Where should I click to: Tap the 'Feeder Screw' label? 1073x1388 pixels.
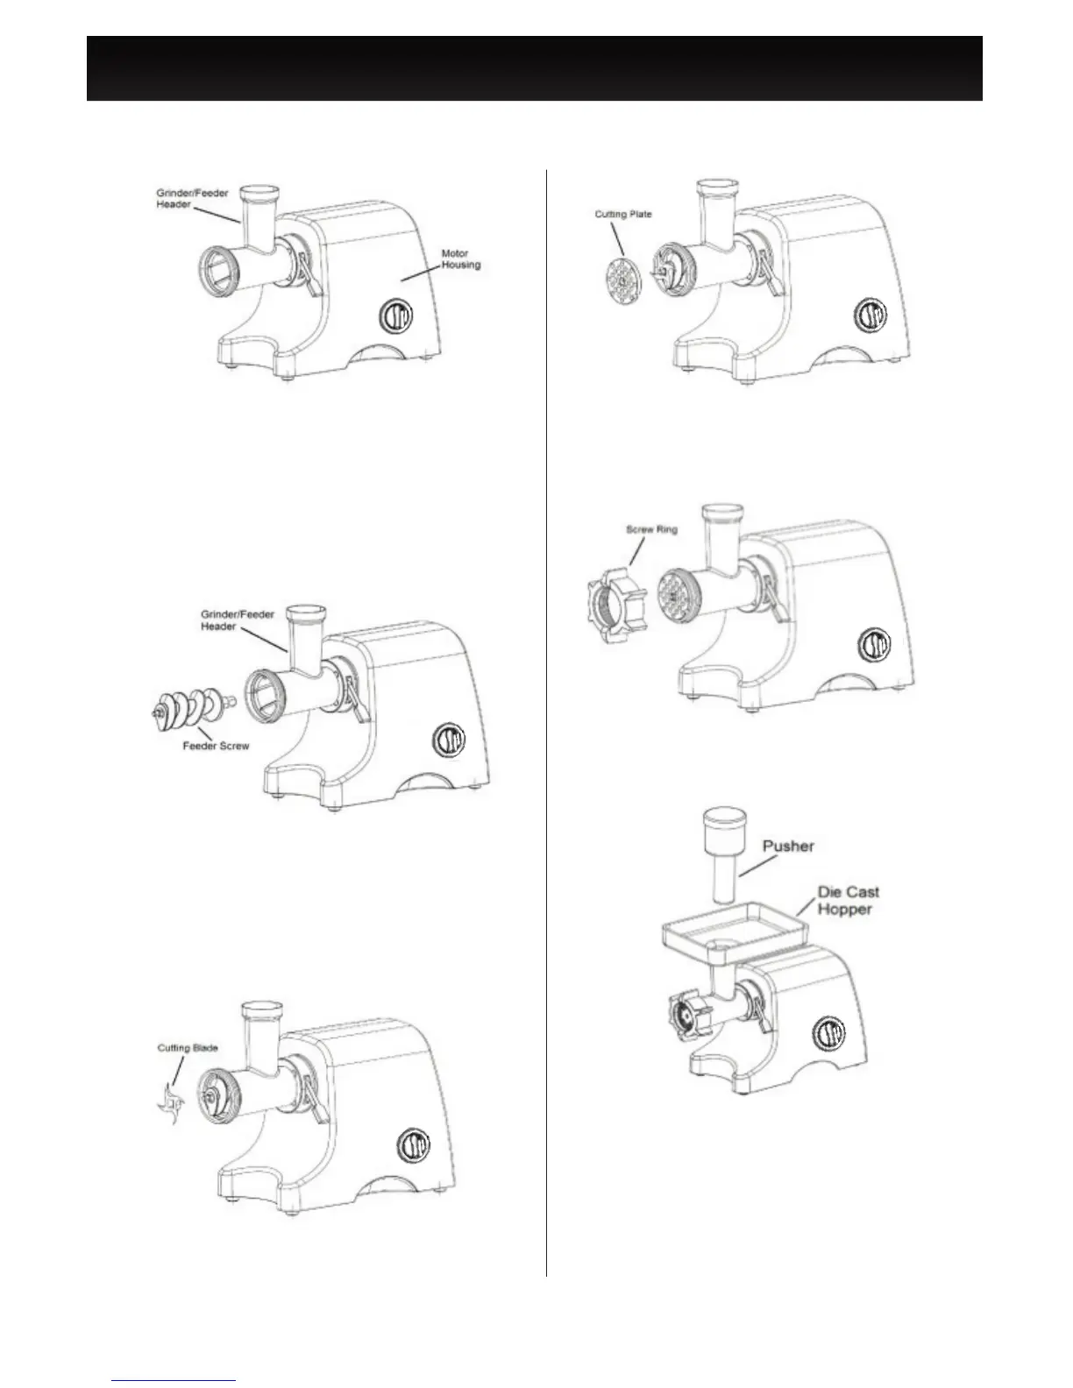click(x=216, y=747)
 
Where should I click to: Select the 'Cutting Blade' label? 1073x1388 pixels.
click(x=188, y=1048)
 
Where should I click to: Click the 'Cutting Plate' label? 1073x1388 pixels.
click(x=623, y=214)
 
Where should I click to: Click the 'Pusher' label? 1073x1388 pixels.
click(x=789, y=846)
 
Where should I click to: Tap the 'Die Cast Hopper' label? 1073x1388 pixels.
click(x=848, y=901)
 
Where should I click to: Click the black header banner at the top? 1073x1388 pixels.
click(x=534, y=68)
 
